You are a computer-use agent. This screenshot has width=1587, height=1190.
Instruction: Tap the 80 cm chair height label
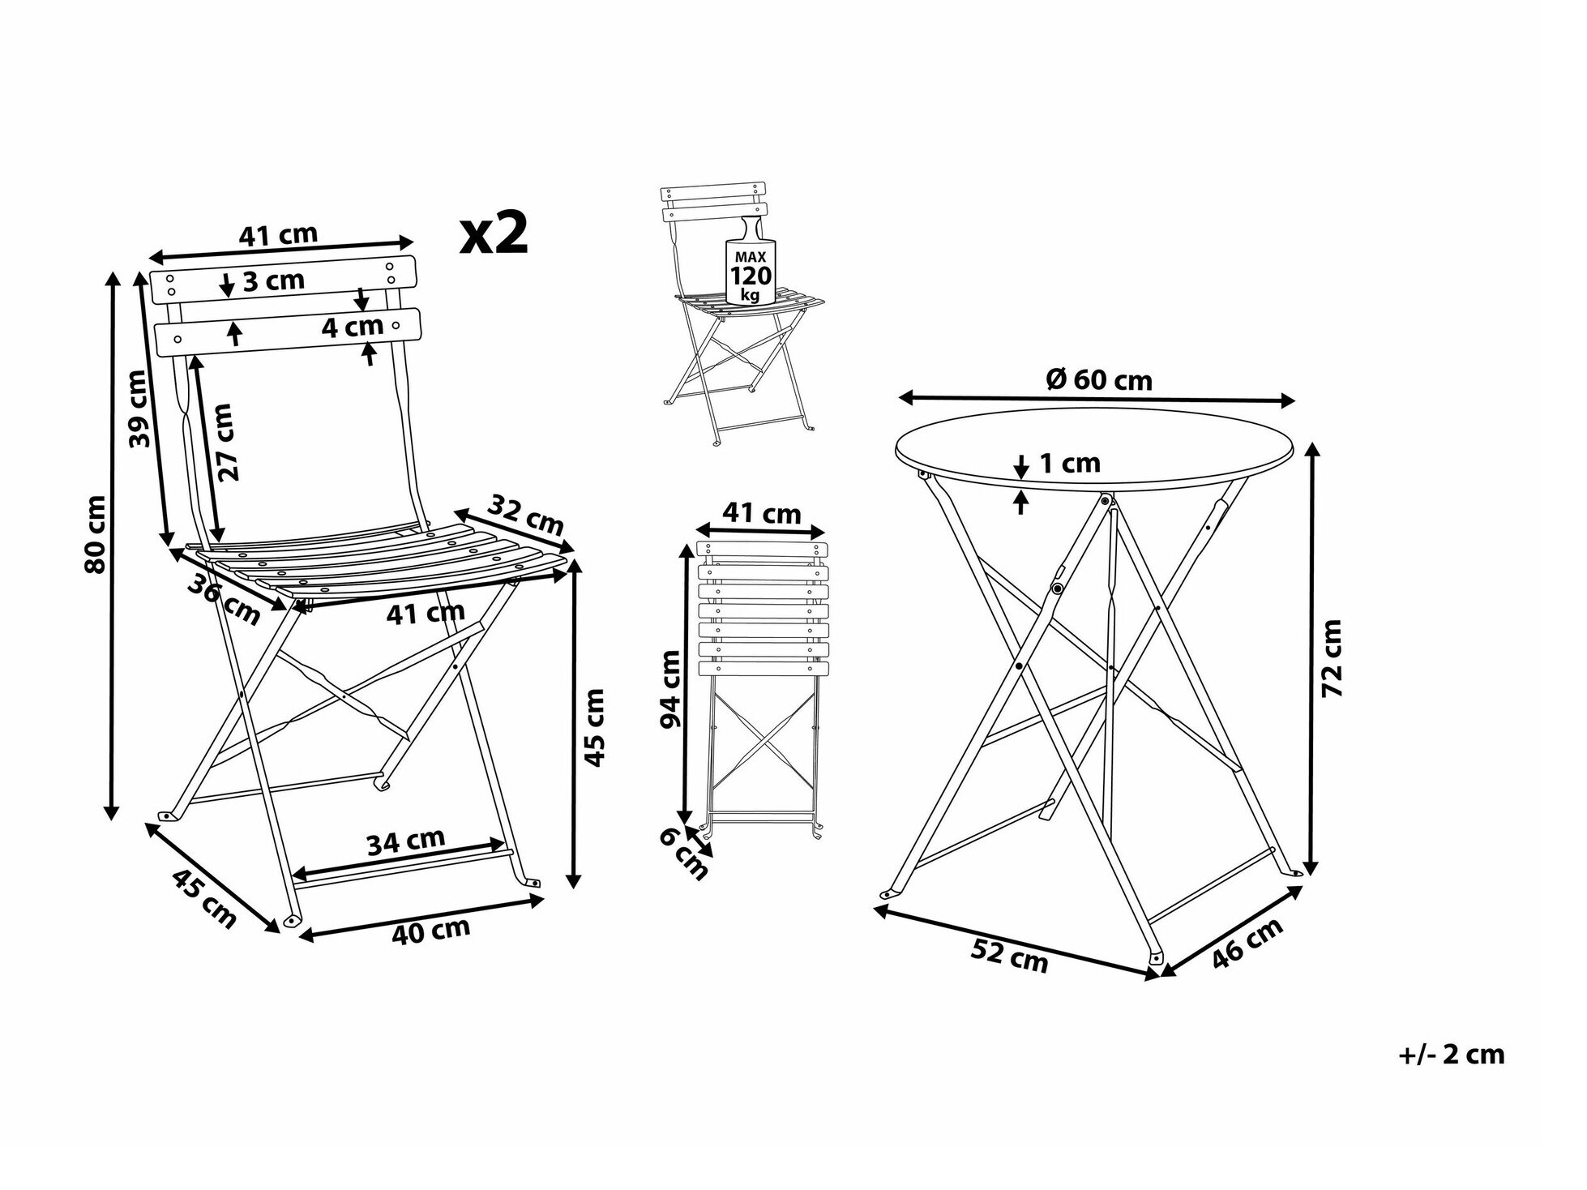pos(95,534)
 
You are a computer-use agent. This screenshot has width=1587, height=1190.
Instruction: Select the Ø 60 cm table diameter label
pos(1099,379)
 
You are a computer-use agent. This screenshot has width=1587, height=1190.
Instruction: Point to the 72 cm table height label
pos(1332,657)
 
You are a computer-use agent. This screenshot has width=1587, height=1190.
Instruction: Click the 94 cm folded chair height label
pos(670,689)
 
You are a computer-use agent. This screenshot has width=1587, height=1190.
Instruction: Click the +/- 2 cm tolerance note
pos(1451,1055)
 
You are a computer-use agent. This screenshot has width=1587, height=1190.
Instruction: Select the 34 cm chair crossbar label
pos(406,841)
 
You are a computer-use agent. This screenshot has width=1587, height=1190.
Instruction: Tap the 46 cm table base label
pos(1247,943)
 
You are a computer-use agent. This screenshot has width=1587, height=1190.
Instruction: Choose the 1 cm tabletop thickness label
pos(1070,463)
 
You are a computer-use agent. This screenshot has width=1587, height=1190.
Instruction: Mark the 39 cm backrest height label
pos(139,409)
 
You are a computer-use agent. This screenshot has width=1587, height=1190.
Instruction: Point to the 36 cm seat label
pos(225,600)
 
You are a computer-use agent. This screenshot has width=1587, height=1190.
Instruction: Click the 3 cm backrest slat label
pos(273,281)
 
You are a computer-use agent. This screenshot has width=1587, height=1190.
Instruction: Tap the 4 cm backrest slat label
pos(352,327)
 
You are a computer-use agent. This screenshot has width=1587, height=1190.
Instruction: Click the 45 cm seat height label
pos(595,727)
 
